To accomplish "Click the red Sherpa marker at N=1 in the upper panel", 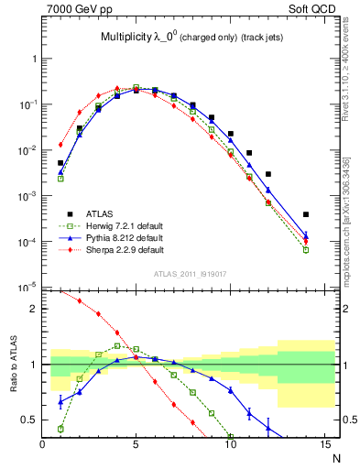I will coord(60,145).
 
